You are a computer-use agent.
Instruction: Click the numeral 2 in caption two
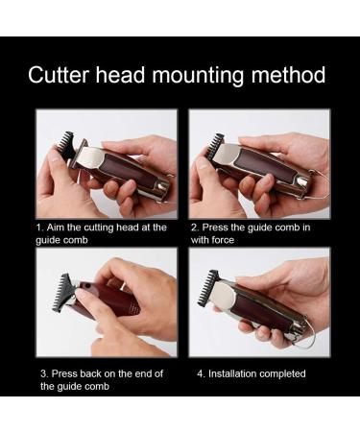(194, 228)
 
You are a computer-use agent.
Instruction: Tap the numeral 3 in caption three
(43, 372)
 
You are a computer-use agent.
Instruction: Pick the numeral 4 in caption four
(199, 372)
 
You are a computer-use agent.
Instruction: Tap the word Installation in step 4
(234, 372)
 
